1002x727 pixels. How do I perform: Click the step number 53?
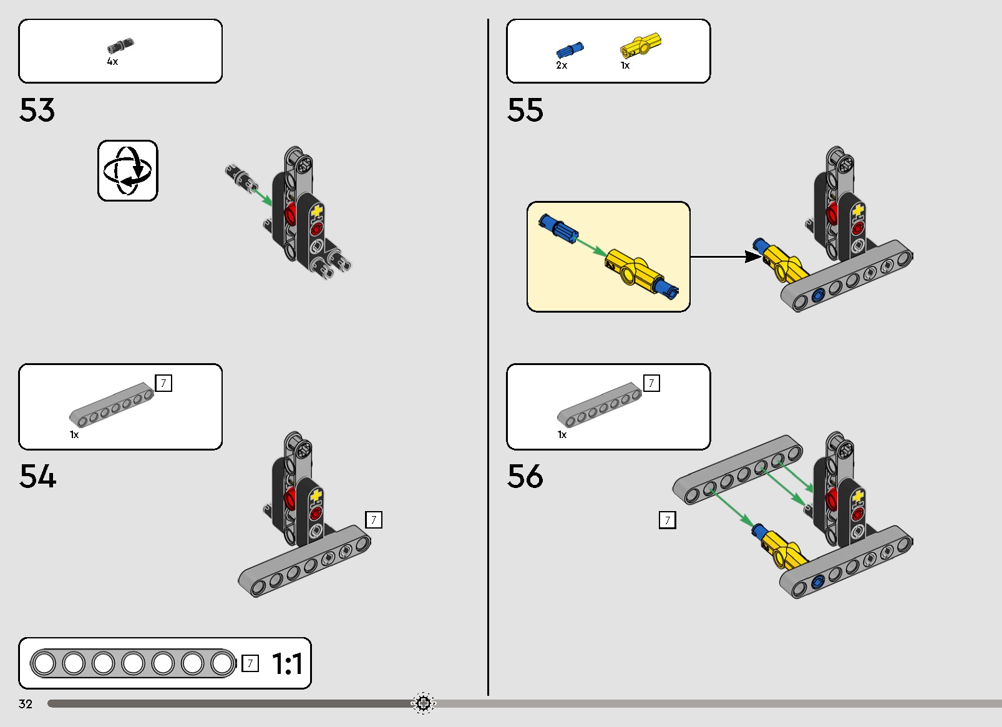pos(37,110)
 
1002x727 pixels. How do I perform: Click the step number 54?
pos(37,476)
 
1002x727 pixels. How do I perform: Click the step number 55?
pos(525,110)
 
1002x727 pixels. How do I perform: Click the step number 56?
pos(525,476)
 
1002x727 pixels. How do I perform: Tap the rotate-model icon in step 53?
pos(128,171)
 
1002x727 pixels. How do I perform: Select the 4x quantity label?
pos(112,62)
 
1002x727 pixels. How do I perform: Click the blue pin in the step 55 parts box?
pos(570,50)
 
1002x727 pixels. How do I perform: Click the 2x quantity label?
pos(562,66)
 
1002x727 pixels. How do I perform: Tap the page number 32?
pos(26,704)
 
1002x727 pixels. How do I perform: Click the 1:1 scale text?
pos(287,663)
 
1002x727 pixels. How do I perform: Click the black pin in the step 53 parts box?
pos(120,45)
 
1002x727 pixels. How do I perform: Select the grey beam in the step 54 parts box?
pos(112,405)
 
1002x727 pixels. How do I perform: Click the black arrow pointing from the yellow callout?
pos(726,257)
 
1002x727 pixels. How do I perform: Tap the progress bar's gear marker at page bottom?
pos(423,704)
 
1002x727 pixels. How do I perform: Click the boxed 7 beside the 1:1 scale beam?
pos(250,663)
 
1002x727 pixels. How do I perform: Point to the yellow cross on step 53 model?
pos(317,211)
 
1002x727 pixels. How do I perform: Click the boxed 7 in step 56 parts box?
pos(651,383)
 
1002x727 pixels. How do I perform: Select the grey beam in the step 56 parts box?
pos(600,405)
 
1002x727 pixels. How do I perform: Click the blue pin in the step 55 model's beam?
pos(818,295)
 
